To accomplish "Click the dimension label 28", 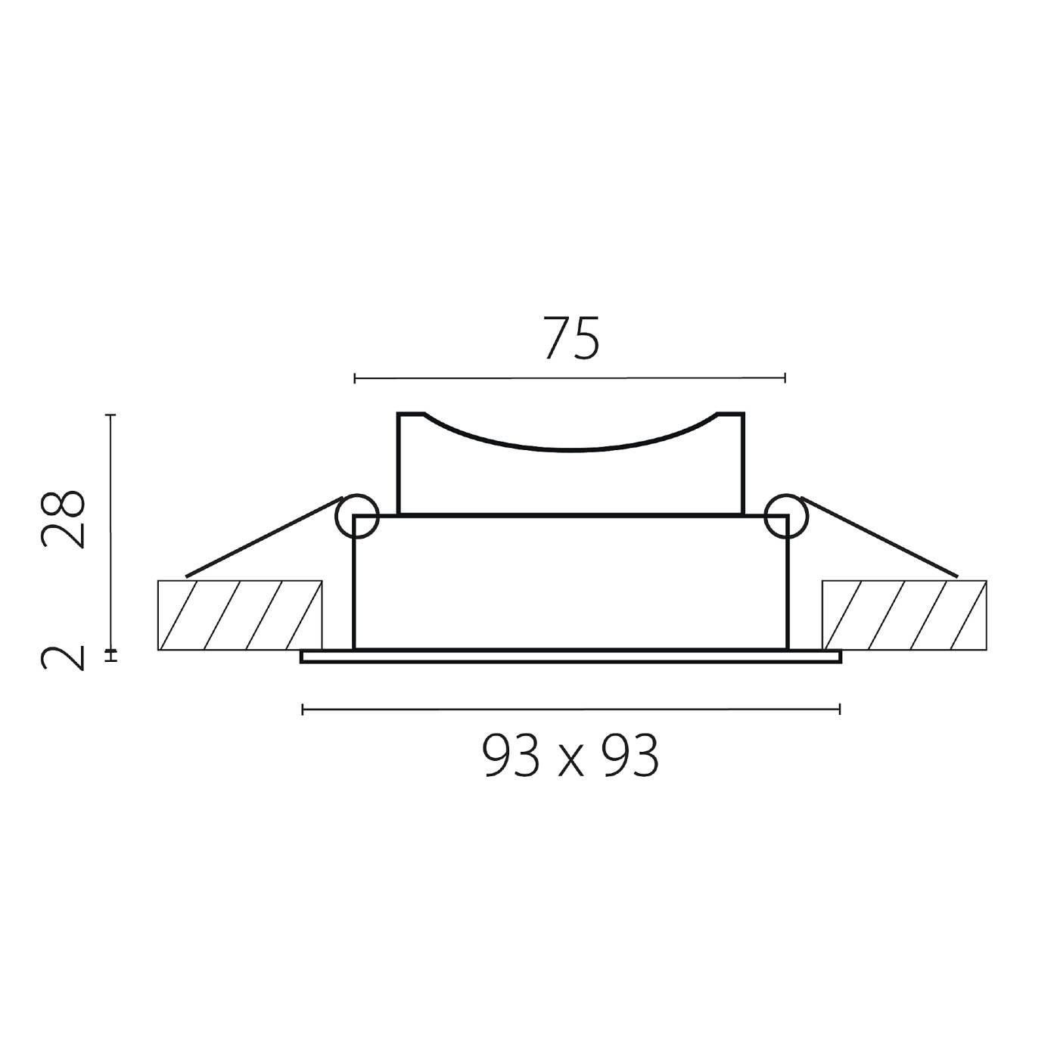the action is click(x=63, y=519).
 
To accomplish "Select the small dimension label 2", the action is click(x=63, y=658).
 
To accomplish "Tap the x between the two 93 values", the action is click(x=570, y=762).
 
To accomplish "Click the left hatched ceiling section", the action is click(x=240, y=615).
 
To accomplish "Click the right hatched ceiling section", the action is click(x=904, y=615).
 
